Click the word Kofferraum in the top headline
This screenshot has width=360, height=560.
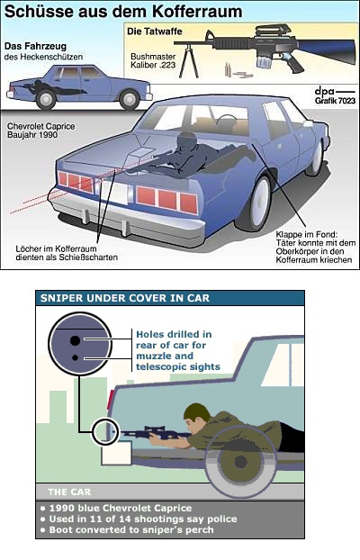197,12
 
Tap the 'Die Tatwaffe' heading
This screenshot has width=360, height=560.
154,32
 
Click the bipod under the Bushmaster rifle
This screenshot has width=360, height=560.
188,60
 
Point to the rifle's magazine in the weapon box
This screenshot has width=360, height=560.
265,59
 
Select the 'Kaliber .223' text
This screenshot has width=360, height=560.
153,65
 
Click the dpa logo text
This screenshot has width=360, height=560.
324,92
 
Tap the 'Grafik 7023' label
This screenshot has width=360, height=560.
335,101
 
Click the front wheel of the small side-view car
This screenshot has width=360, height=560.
130,99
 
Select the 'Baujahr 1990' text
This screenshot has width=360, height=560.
32,135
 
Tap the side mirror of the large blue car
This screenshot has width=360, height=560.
308,123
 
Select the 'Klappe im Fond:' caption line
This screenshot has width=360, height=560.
306,235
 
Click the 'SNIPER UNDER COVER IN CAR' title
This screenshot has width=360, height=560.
125,298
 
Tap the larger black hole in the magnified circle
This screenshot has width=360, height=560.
75,340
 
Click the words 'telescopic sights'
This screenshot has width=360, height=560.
178,366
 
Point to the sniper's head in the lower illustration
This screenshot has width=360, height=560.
197,414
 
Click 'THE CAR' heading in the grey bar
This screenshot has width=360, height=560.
69,492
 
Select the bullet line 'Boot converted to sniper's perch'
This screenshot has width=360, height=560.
131,529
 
